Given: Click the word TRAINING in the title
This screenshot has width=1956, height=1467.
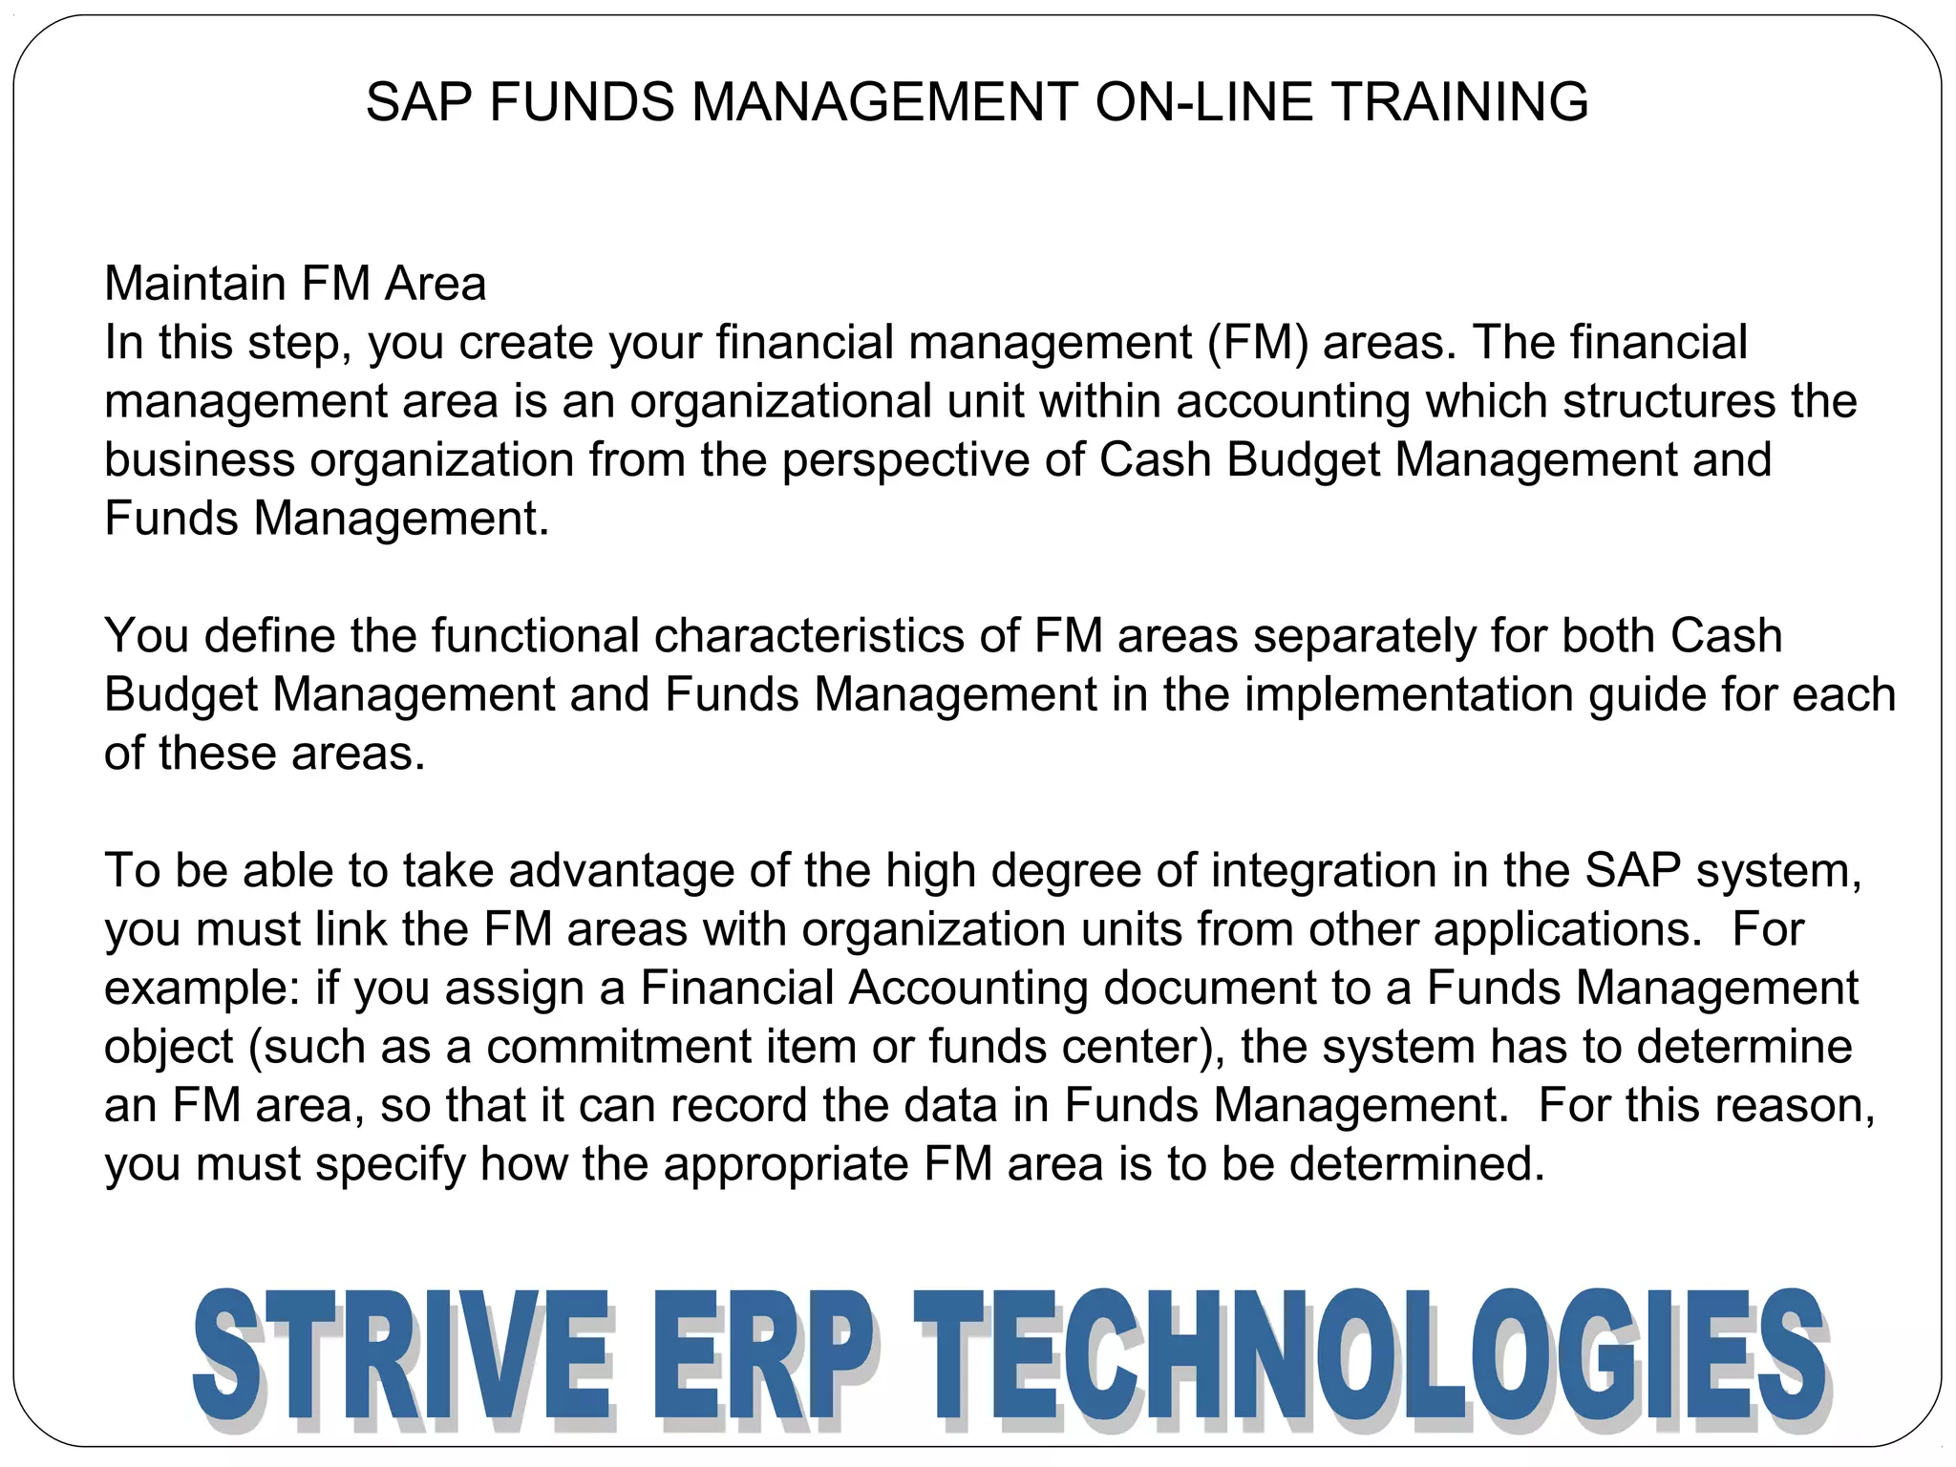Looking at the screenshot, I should tap(1459, 102).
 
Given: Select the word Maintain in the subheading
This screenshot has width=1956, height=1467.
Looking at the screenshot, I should tap(195, 284).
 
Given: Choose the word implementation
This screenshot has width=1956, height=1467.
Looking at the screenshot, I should tap(1408, 694).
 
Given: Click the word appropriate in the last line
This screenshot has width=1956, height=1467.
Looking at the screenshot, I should tap(787, 1164).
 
